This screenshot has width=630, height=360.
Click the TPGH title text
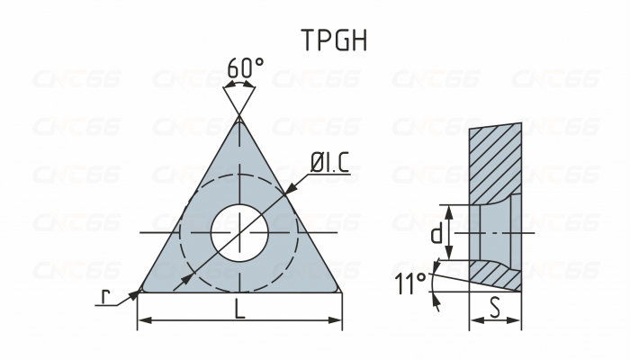pos(334,40)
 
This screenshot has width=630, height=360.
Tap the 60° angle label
pos(245,69)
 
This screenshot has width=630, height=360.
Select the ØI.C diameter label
pos(329,164)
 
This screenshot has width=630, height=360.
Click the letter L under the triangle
pos(239,309)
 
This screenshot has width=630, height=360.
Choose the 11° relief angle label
pos(410,285)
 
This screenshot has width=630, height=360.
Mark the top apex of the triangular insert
pos(239,118)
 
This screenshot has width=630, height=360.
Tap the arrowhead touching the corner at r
pos(134,293)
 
